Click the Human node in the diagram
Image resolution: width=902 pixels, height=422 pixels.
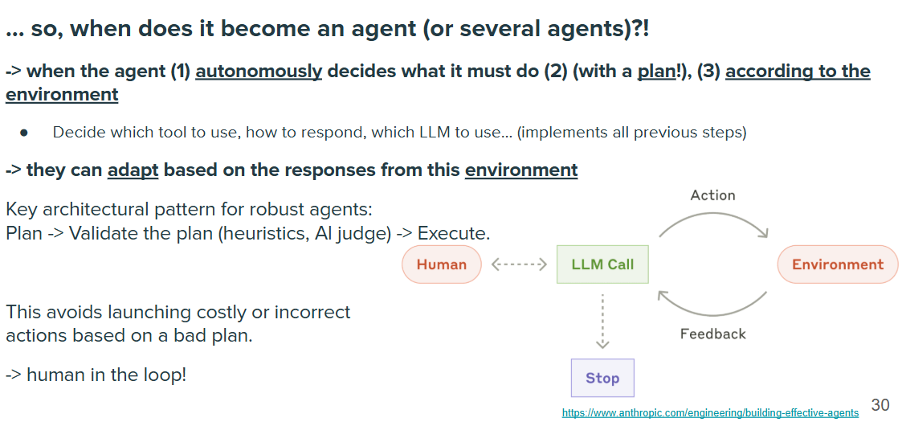(441, 264)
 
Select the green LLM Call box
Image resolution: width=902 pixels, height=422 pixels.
(602, 264)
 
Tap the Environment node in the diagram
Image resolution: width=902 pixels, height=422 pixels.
(838, 264)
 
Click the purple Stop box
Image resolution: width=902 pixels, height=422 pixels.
(602, 378)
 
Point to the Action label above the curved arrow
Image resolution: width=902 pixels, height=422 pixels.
(712, 195)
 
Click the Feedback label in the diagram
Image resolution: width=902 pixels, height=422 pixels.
(712, 334)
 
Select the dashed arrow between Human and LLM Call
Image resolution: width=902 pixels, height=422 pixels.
(519, 264)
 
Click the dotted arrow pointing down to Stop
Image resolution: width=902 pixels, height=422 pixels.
(602, 322)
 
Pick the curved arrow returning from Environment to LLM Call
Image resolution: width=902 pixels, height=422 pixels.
(713, 314)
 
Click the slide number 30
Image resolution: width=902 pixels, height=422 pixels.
(880, 404)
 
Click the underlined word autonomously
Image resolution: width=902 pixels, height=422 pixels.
(259, 72)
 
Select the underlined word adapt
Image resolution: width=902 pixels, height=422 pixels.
(133, 170)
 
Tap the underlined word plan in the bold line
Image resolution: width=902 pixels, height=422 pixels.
(654, 72)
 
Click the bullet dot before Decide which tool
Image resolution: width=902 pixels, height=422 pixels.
(23, 133)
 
